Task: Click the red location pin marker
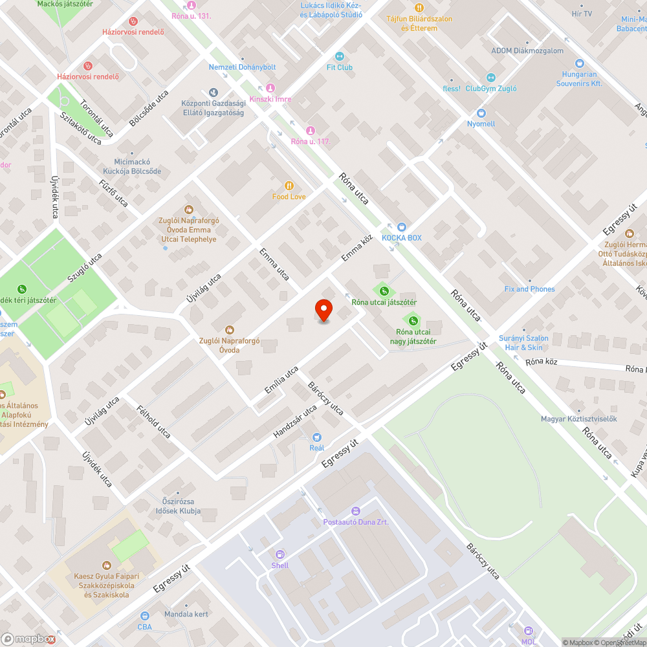[323, 310]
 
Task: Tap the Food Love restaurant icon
[289, 184]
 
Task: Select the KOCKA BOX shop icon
[401, 226]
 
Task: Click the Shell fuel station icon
[280, 554]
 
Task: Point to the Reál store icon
[316, 437]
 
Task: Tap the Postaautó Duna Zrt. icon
[356, 510]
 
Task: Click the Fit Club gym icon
[340, 56]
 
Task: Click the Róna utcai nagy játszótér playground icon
[412, 319]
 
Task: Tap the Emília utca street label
[281, 380]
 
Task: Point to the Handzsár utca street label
[295, 421]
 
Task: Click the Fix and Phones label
[529, 289]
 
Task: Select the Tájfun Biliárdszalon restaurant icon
[419, 8]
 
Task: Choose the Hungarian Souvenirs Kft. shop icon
[579, 63]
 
